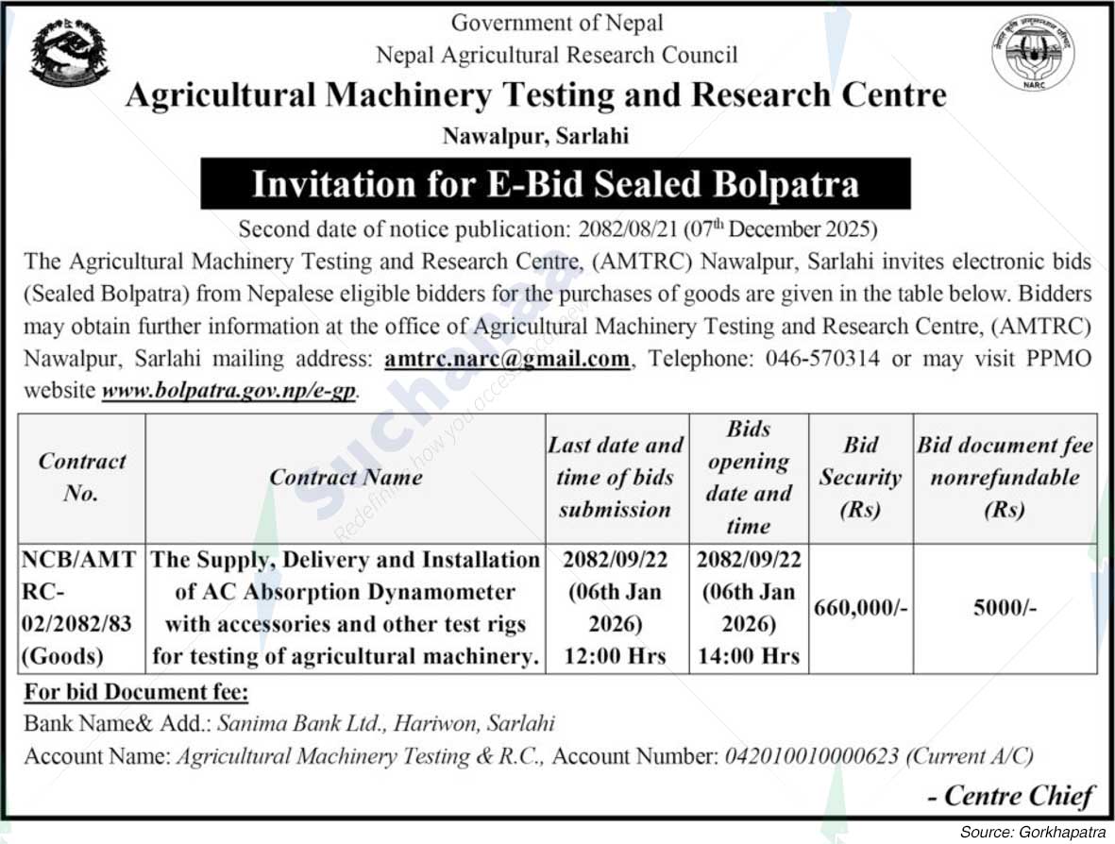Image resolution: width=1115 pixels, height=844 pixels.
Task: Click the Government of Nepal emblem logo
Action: (x=69, y=53)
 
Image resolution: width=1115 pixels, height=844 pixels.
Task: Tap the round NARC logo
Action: (x=1033, y=53)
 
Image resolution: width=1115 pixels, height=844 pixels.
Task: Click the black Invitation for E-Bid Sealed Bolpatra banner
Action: (x=555, y=183)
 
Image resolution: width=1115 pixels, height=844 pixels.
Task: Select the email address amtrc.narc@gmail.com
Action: (x=507, y=359)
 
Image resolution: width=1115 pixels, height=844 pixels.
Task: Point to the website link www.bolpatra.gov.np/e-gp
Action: (x=229, y=390)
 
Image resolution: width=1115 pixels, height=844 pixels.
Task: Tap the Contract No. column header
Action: (x=81, y=477)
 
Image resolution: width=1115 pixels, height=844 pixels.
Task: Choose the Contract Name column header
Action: (x=346, y=477)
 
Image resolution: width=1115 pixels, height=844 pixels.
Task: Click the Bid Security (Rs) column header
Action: (x=860, y=477)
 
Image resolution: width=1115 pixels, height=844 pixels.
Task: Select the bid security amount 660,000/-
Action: (x=860, y=609)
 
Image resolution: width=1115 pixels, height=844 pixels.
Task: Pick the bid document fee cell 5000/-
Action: (x=1005, y=609)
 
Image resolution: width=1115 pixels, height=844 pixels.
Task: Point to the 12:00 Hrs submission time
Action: (x=615, y=656)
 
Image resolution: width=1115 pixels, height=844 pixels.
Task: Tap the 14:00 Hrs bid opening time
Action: (x=749, y=656)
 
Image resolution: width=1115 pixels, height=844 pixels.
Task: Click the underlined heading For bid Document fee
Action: (x=136, y=692)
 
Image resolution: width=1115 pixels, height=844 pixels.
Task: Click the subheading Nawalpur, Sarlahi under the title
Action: (x=535, y=136)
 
